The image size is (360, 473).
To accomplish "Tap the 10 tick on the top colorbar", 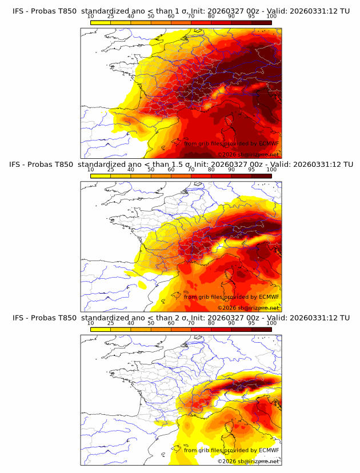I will pos(91,16).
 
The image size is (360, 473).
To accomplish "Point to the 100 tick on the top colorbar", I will pos(271,16).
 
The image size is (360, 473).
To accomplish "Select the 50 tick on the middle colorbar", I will pos(151,170).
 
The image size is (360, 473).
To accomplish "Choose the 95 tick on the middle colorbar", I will pos(251,170).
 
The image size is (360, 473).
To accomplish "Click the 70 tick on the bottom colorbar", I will pos(191,323).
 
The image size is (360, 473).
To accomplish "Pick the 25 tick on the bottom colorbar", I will pos(111,323).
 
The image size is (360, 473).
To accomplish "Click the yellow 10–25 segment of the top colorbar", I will pos(101,22).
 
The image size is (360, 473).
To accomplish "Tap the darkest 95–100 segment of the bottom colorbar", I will pos(261,329).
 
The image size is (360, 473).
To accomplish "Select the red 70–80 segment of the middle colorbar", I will pos(201,175).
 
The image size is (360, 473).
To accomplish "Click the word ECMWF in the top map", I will pos(269,143).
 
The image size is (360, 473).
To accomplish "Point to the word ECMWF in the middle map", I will pos(269,296).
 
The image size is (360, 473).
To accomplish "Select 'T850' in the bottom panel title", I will pos(65,318).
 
